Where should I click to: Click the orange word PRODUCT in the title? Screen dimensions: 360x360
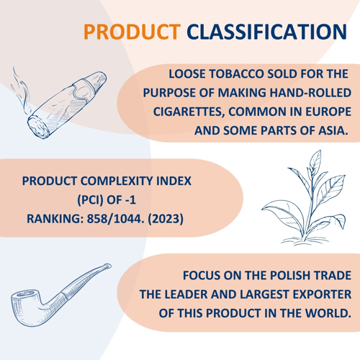(x=132, y=32)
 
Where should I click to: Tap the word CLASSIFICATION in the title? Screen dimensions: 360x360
(x=267, y=32)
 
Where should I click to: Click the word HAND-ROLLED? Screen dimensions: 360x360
(x=310, y=93)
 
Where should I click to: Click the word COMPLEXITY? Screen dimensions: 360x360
(x=117, y=181)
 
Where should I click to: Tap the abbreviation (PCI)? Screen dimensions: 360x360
(x=90, y=200)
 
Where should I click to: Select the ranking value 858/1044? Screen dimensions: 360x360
(x=115, y=219)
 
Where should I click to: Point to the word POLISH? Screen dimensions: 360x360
(x=284, y=275)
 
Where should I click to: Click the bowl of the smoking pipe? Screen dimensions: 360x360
(x=27, y=307)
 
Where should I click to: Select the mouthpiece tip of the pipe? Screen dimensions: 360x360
(x=107, y=266)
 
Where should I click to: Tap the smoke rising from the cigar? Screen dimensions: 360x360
(x=21, y=92)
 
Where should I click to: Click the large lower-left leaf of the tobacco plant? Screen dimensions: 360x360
(x=283, y=214)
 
